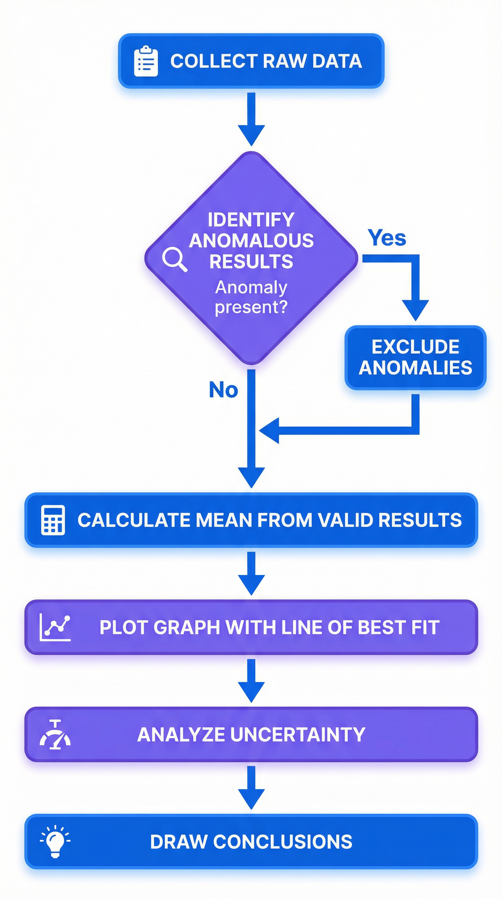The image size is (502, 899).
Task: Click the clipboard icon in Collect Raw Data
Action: [146, 61]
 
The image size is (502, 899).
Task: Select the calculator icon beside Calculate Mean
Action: [53, 520]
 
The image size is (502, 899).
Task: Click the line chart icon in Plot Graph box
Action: [55, 628]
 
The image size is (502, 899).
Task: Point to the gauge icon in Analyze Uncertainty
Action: [55, 735]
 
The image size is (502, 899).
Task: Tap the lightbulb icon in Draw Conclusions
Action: [55, 841]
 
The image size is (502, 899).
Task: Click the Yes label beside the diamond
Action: [387, 238]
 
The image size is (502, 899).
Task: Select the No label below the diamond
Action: [224, 390]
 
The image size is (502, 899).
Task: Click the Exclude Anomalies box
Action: [415, 357]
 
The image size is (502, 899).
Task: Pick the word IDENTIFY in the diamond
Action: [251, 220]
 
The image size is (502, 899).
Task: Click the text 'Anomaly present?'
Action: [251, 297]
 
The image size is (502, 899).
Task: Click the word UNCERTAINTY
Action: [298, 735]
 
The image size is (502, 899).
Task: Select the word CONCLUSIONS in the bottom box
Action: [283, 842]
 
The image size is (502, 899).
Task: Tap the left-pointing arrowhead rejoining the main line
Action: [270, 430]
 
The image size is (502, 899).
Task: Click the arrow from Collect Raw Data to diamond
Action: [251, 119]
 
